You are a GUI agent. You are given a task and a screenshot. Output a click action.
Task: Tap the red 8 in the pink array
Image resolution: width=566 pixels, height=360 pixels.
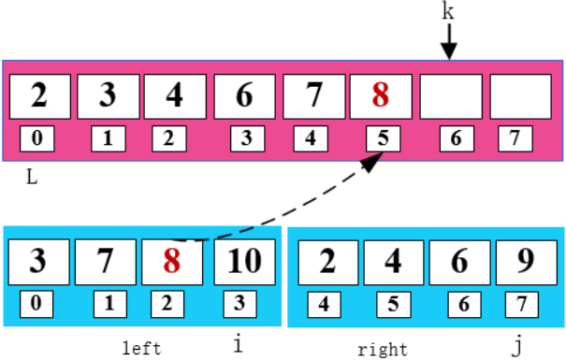pos(379,95)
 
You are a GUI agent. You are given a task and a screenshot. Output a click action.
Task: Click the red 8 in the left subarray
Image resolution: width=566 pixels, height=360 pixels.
pos(171,260)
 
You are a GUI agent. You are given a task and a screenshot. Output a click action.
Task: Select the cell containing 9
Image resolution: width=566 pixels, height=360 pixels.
pos(523,261)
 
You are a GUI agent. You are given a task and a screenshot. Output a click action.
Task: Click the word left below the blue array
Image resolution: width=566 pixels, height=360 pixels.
pos(142,349)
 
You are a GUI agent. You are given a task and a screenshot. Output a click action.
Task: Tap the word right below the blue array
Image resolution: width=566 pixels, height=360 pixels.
pos(382,350)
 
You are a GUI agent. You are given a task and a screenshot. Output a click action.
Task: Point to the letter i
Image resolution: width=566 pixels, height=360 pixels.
pos(238,344)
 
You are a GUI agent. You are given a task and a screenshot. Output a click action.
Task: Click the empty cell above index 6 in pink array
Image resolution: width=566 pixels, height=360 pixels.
pos(449,95)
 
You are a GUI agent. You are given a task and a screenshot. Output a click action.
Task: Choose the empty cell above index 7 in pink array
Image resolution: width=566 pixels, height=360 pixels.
pos(519,95)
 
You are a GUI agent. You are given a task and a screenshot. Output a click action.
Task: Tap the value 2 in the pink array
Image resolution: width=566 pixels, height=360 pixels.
pos(38,95)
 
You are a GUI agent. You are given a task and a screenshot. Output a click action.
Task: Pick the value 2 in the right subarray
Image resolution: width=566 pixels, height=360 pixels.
pos(326,261)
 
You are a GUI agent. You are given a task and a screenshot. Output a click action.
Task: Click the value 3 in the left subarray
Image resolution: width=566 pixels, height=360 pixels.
pos(37,260)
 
